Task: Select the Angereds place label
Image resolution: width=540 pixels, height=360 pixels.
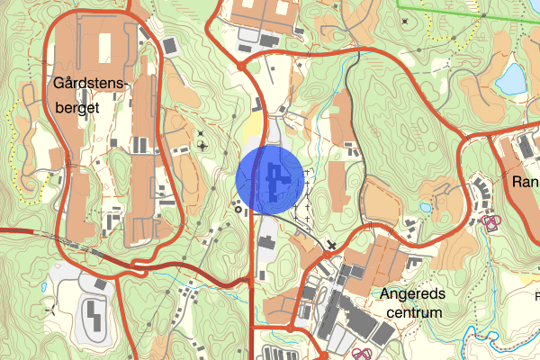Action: coord(413,294)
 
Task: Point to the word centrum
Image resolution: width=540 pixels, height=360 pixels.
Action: coord(414,313)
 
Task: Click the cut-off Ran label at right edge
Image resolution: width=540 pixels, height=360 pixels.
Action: coord(525,182)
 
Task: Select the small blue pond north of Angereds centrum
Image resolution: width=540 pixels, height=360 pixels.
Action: coord(425,207)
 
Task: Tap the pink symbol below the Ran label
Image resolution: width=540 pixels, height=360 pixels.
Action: coord(492,221)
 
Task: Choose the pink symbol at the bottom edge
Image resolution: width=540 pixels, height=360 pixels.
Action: coord(362,354)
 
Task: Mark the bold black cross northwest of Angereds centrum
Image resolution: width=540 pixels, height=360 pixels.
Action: coord(332,245)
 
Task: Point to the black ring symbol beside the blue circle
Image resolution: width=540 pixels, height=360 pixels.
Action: coord(238,211)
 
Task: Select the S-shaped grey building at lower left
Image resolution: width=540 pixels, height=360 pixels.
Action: coord(93,314)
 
